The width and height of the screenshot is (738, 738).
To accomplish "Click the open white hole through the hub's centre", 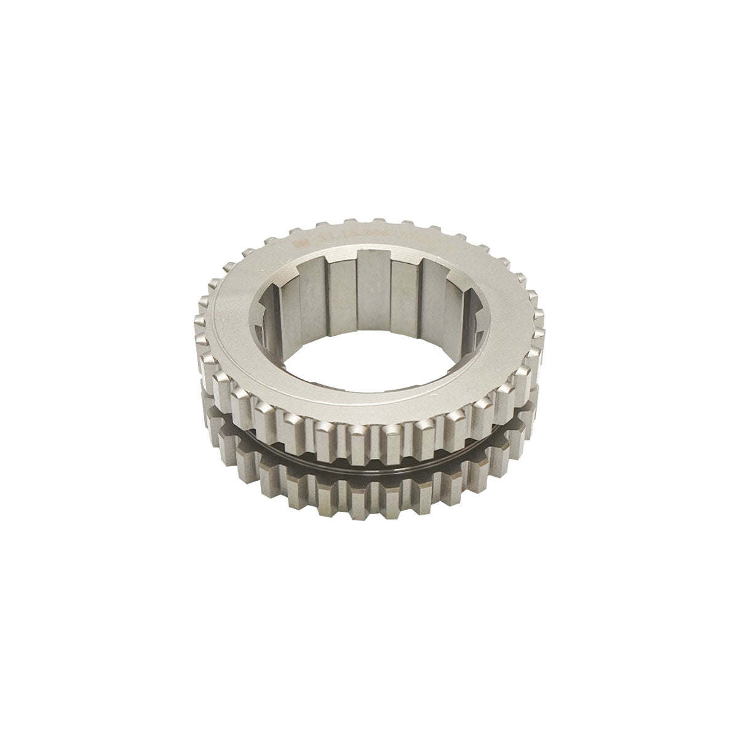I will (369, 344).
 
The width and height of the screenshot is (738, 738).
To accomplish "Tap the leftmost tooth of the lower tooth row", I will (215, 424).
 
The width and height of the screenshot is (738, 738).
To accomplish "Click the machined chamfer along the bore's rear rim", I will (369, 257).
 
